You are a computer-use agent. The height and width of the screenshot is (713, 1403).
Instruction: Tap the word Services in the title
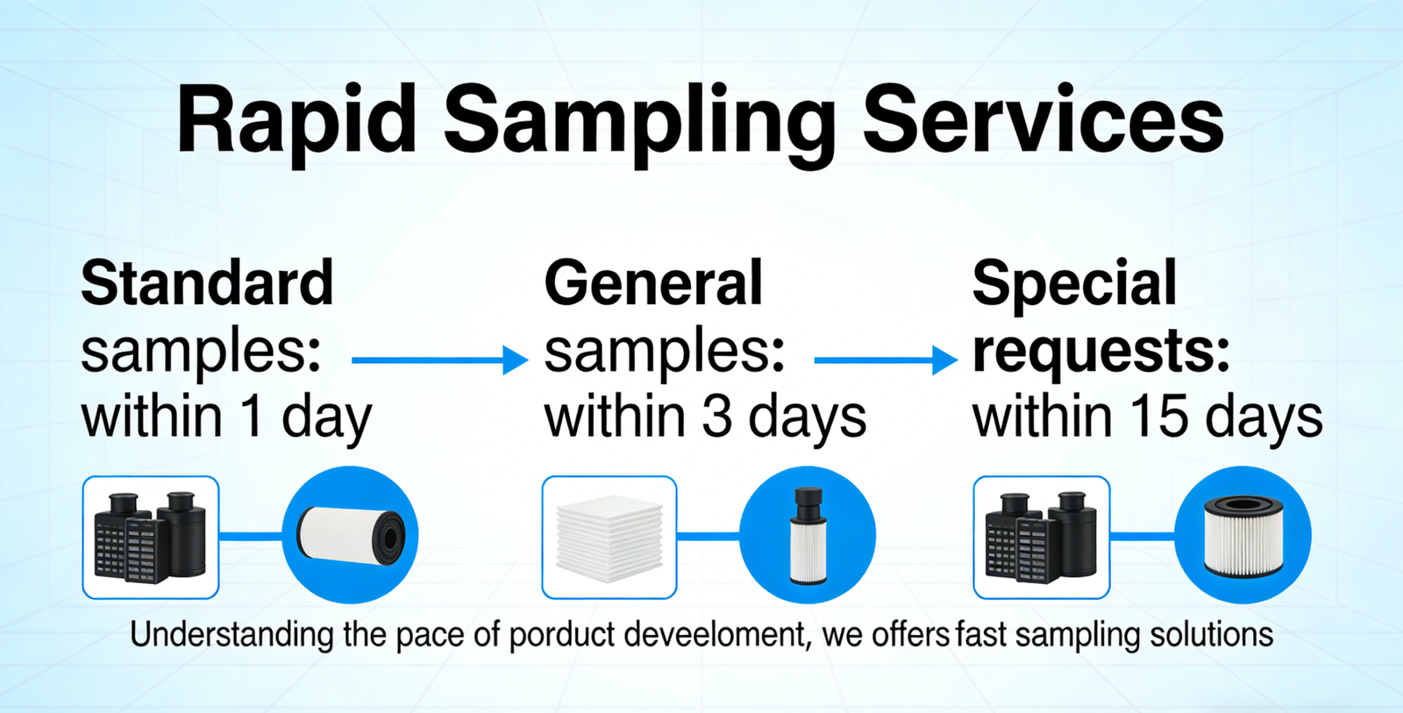(x=1043, y=119)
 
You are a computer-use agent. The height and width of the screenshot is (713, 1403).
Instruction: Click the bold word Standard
(x=207, y=282)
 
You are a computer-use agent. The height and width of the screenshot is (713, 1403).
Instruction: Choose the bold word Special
(x=1075, y=285)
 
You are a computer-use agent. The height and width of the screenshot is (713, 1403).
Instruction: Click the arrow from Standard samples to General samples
(x=440, y=360)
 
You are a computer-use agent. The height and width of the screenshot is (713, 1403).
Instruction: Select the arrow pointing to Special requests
(x=887, y=360)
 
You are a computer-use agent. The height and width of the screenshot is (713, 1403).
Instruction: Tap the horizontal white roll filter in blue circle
(x=351, y=535)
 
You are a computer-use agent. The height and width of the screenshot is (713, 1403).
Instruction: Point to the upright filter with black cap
(x=808, y=536)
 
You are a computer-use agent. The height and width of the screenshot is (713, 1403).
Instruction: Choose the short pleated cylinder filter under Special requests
(x=1243, y=535)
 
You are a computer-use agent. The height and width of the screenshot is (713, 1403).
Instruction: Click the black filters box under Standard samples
(x=150, y=538)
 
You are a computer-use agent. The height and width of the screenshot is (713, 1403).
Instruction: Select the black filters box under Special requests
(x=1042, y=538)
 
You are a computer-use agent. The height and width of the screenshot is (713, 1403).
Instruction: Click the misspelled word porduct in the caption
(x=562, y=635)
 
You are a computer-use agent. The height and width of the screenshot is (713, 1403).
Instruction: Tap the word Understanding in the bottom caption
(x=231, y=636)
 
